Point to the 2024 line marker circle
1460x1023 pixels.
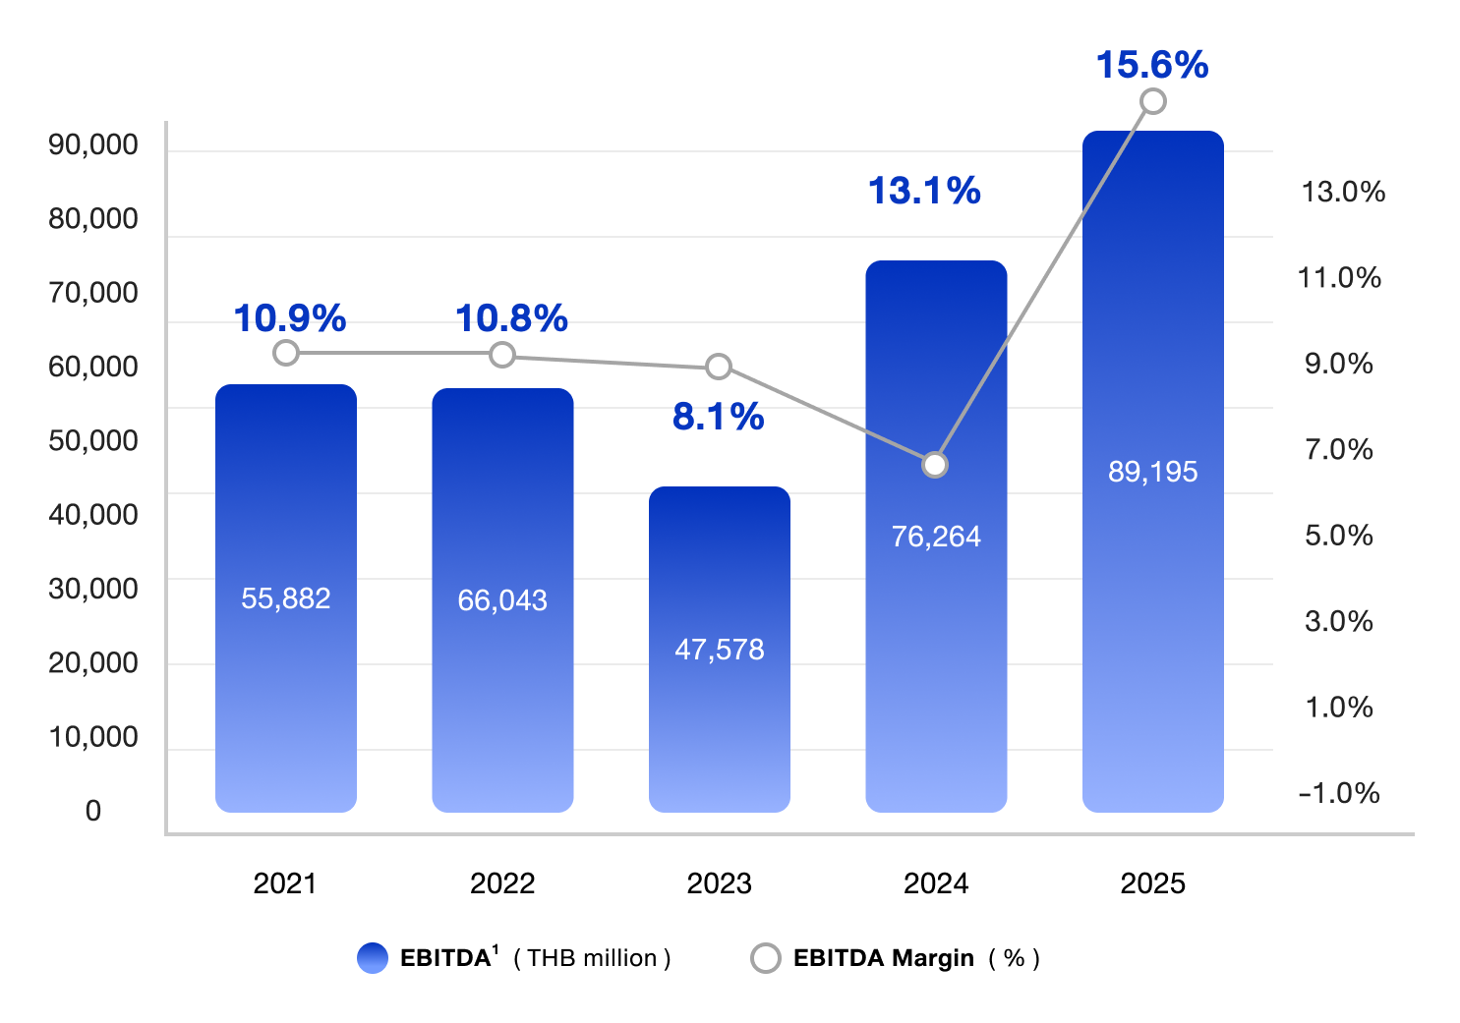(x=935, y=464)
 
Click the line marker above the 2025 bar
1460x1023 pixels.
(x=1153, y=101)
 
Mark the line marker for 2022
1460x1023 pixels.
(x=502, y=355)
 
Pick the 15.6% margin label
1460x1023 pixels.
(x=1152, y=65)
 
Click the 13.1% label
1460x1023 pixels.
(x=924, y=191)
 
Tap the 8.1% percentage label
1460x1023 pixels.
(x=719, y=417)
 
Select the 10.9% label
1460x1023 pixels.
(x=290, y=318)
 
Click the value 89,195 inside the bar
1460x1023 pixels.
(x=1152, y=472)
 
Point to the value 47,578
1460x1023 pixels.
(x=719, y=650)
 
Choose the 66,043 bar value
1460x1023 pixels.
(x=502, y=600)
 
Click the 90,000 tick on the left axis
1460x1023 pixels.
(x=93, y=145)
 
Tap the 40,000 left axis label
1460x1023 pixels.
(x=93, y=515)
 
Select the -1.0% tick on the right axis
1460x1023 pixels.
(x=1339, y=793)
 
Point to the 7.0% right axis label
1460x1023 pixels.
(x=1339, y=450)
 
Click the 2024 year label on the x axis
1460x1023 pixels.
(x=936, y=883)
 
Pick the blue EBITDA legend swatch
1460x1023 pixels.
(x=374, y=958)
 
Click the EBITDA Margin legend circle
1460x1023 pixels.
(x=765, y=958)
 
